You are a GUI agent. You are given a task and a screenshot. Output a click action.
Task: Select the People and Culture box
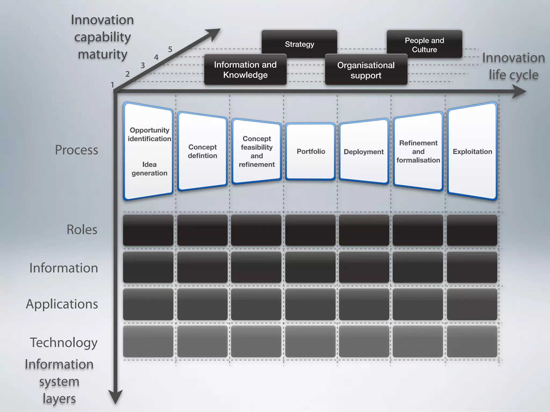(x=424, y=45)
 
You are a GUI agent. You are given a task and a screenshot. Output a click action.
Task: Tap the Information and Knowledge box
(x=245, y=70)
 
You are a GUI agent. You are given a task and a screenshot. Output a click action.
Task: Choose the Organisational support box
(x=366, y=70)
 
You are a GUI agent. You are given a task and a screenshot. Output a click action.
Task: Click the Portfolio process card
(x=310, y=152)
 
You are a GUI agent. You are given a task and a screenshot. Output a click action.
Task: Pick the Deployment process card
(x=364, y=152)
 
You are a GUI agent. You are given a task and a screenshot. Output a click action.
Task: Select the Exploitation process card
(x=472, y=152)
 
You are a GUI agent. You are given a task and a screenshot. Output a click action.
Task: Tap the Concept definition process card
(x=202, y=152)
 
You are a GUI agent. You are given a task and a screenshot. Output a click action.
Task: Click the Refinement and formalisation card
(x=418, y=152)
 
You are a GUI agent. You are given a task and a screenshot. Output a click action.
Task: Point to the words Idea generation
(x=149, y=169)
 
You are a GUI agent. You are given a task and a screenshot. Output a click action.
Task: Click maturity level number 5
(x=170, y=49)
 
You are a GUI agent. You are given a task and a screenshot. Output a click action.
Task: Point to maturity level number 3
(x=143, y=65)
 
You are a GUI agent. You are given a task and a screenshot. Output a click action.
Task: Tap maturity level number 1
(x=113, y=85)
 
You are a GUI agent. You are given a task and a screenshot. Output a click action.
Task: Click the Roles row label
(x=82, y=230)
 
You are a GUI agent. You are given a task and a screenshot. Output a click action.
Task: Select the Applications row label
(x=62, y=304)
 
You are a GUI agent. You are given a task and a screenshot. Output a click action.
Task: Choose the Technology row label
(x=64, y=343)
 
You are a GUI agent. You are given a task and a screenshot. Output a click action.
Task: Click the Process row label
(x=77, y=150)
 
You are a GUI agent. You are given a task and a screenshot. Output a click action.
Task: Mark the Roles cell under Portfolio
(x=310, y=230)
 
